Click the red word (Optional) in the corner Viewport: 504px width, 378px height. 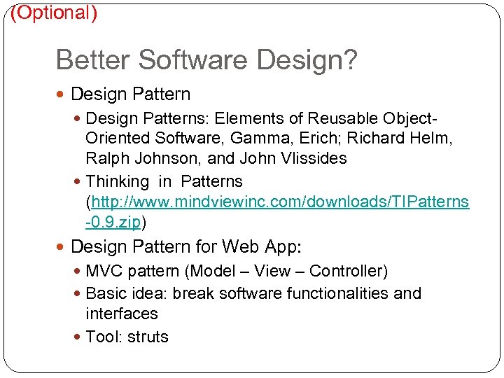pyautogui.click(x=54, y=13)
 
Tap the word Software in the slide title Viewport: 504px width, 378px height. pyautogui.click(x=194, y=60)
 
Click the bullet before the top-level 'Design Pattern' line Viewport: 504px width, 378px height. pyautogui.click(x=63, y=94)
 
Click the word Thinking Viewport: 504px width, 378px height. pyautogui.click(x=118, y=182)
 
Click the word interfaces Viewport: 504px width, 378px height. pyautogui.click(x=122, y=314)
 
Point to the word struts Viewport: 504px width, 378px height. pyautogui.click(x=148, y=337)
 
